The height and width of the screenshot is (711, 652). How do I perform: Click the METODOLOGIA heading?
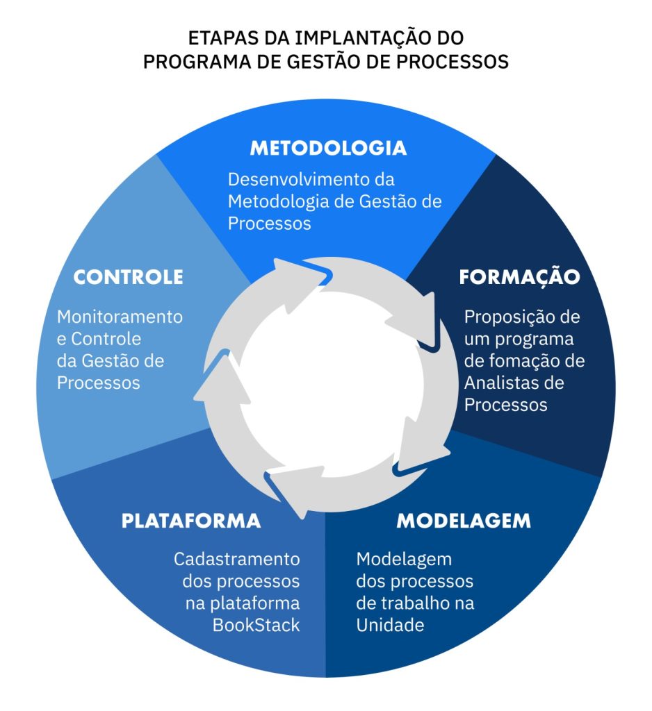pos(328,148)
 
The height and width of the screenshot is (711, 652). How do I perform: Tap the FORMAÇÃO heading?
pos(519,277)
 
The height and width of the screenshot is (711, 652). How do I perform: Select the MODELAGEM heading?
pos(464,521)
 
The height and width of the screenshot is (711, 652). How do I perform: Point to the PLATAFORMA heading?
pos(191,521)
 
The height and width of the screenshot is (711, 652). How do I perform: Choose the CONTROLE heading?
pos(129,277)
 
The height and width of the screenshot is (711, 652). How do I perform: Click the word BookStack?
pos(256,624)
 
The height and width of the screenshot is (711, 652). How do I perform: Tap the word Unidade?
pos(390,624)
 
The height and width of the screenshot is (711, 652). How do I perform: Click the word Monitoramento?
pos(120,317)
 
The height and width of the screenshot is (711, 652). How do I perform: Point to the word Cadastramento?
pos(237,559)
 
